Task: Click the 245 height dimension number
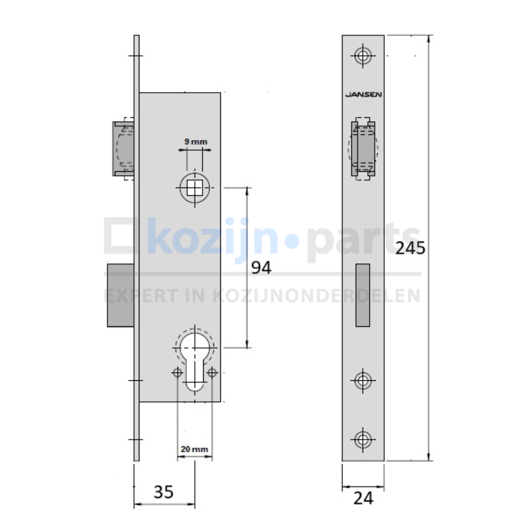pyautogui.click(x=410, y=248)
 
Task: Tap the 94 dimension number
pyautogui.click(x=261, y=268)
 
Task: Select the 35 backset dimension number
pyautogui.click(x=163, y=492)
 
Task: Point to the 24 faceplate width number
pyautogui.click(x=363, y=498)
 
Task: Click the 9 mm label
pyautogui.click(x=196, y=142)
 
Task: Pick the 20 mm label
pyautogui.click(x=194, y=449)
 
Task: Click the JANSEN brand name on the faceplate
pyautogui.click(x=363, y=94)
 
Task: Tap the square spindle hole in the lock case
pyautogui.click(x=195, y=187)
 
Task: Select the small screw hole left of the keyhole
pyautogui.click(x=178, y=373)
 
